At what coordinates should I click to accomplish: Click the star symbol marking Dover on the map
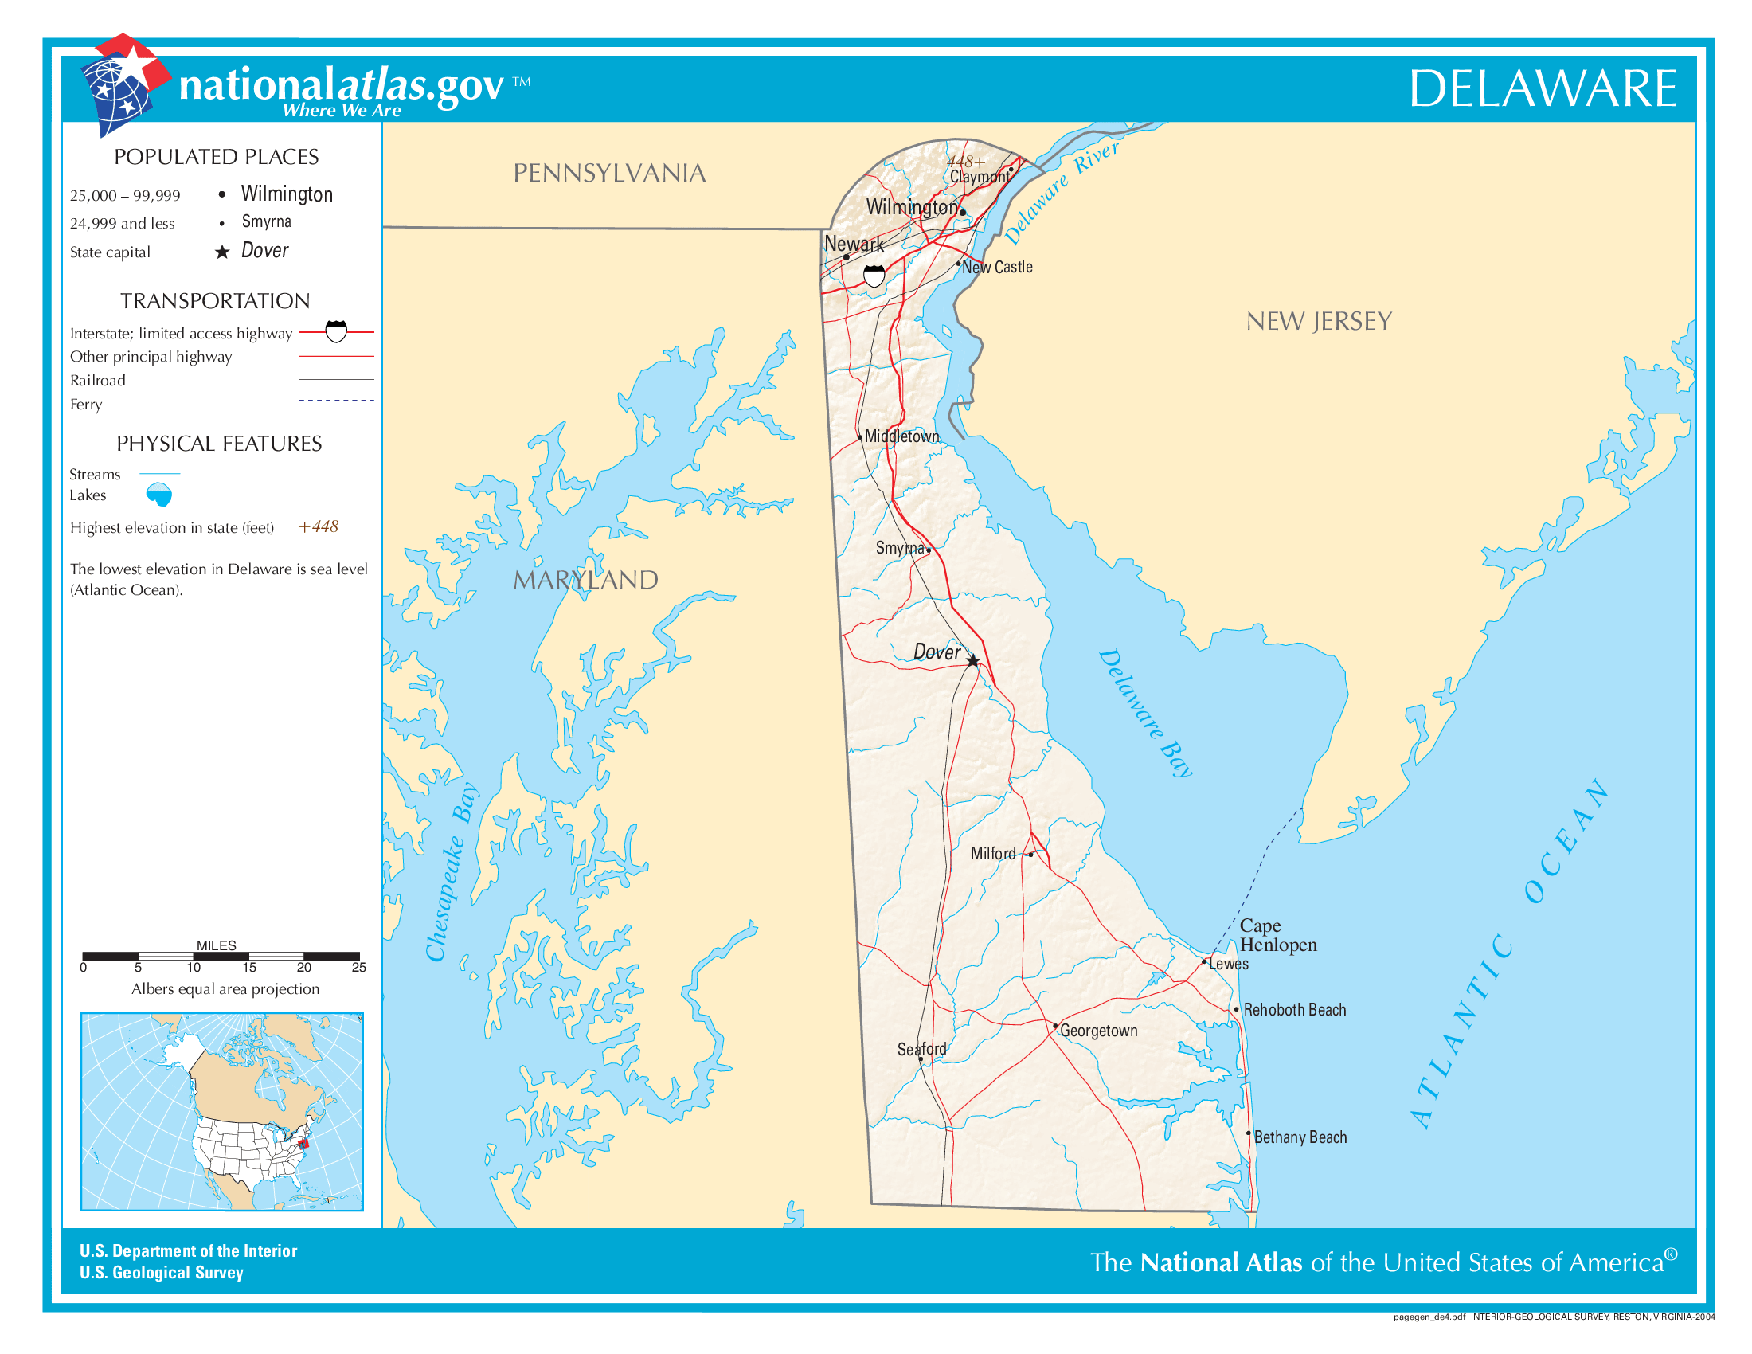click(x=972, y=661)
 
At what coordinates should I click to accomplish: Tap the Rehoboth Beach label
click(x=1294, y=1010)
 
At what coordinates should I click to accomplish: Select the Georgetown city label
click(x=1098, y=1031)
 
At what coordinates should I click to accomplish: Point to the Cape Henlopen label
click(x=1277, y=935)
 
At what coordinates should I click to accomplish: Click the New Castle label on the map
click(x=996, y=267)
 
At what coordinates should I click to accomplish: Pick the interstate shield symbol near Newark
click(x=874, y=276)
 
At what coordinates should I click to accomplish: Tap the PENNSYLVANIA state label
click(x=609, y=174)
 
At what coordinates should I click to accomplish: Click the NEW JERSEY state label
click(x=1318, y=322)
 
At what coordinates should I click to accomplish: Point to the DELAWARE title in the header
click(x=1542, y=88)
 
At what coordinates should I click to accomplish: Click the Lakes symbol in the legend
click(x=158, y=495)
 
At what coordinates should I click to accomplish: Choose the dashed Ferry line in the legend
click(x=336, y=401)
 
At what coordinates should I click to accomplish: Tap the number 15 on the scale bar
click(x=248, y=968)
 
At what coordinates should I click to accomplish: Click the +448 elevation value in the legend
click(x=319, y=527)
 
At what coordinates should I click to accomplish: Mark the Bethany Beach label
click(x=1300, y=1137)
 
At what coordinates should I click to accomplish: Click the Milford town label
click(x=992, y=855)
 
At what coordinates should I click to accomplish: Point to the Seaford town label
click(x=921, y=1049)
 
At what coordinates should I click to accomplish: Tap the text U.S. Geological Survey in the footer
click(x=161, y=1273)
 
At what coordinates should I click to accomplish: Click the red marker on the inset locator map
click(x=303, y=1143)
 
